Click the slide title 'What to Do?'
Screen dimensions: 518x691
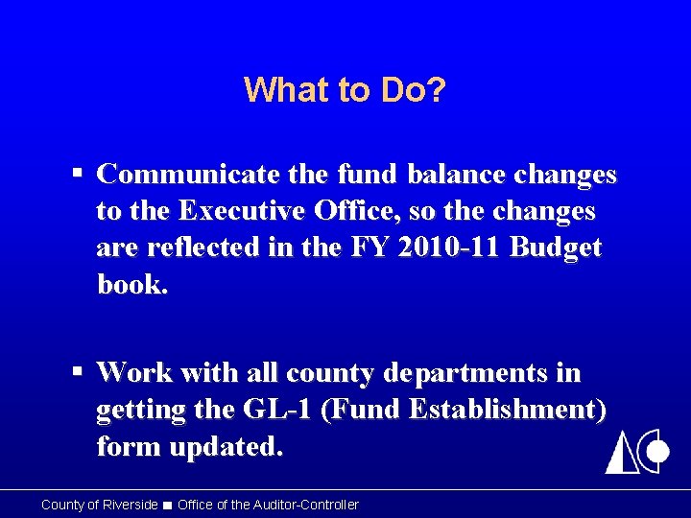pos(345,90)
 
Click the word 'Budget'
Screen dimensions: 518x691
pos(557,247)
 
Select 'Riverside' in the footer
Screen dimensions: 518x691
pos(129,505)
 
